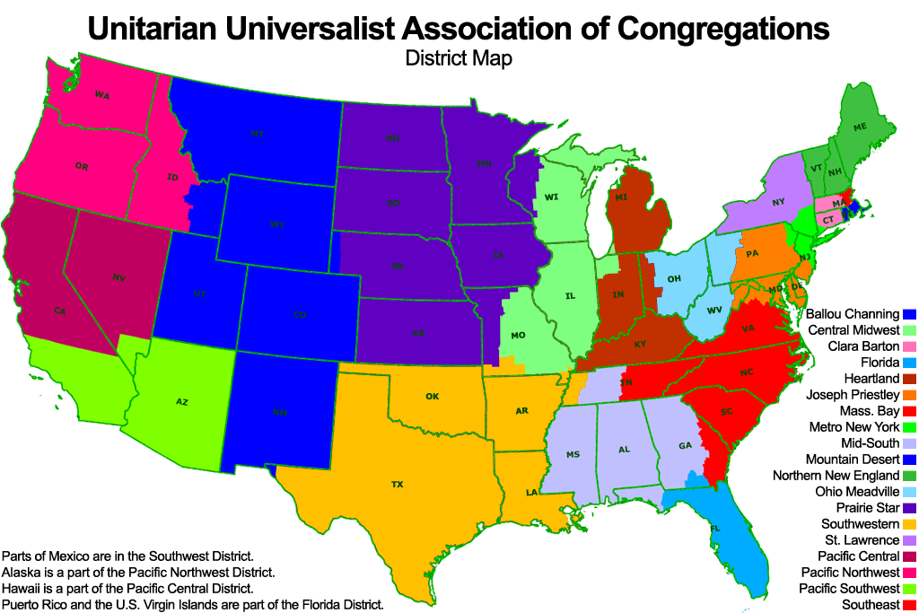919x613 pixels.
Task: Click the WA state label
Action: coord(101,95)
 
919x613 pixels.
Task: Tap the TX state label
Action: coord(398,485)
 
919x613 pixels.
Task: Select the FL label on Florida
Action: coord(715,529)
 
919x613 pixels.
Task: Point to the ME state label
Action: coord(860,127)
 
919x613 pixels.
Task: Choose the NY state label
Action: coord(778,203)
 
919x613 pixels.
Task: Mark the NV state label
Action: coord(118,278)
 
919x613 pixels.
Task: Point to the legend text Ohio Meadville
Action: coord(857,492)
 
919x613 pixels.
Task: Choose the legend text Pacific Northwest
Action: coord(851,573)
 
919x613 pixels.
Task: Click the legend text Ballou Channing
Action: coord(852,314)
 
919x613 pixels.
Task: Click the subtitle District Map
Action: coord(458,59)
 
